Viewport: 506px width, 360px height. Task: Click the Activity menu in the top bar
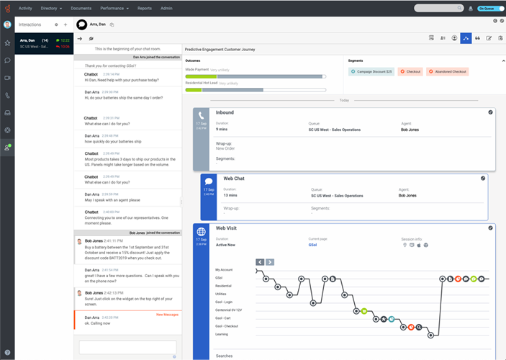[25, 8]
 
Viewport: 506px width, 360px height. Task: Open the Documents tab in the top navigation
[81, 8]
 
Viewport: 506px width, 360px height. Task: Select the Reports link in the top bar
[145, 8]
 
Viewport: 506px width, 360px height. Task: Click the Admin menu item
[166, 8]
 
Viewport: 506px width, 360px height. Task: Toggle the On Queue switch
[487, 9]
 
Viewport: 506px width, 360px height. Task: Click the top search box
[438, 8]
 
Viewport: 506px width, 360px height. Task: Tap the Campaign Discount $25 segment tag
[371, 72]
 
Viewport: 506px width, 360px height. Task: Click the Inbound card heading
[225, 112]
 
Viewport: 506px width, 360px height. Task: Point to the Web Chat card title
[234, 178]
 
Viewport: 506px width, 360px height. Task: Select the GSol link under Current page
[313, 245]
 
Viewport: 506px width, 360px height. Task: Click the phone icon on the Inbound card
[202, 115]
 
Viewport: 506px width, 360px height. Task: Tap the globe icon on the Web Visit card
[202, 231]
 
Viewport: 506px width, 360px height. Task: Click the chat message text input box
[127, 346]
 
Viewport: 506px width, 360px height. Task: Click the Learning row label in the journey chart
[222, 333]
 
